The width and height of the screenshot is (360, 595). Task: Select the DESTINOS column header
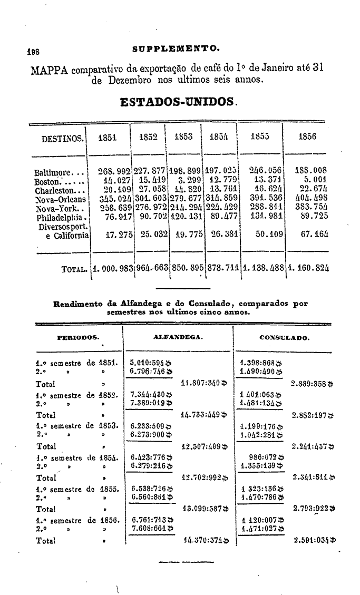[x=62, y=139]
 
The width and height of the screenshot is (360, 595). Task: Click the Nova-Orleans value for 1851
[x=115, y=199]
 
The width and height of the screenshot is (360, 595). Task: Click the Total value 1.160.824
[x=308, y=268]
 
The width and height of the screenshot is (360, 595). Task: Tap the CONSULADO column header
[x=284, y=337]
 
